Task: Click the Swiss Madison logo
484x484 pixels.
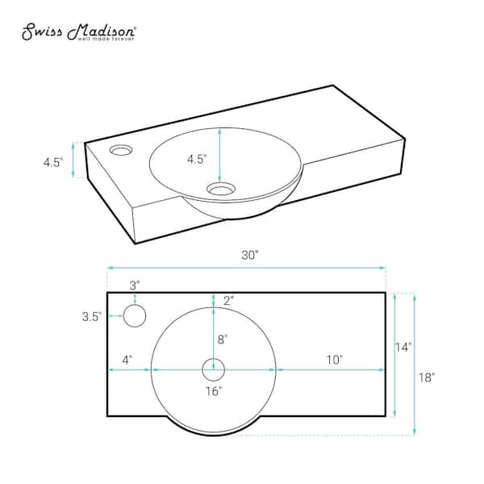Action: [x=80, y=33]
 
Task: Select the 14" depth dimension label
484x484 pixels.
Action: [x=403, y=347]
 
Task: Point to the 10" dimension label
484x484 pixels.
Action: [x=335, y=358]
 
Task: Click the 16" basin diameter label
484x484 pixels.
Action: [x=214, y=392]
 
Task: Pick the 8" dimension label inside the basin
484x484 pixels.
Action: [x=221, y=339]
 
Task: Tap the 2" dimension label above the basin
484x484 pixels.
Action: [x=228, y=300]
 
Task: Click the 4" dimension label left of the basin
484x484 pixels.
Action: [x=127, y=358]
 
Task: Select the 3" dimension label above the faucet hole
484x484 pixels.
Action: [x=135, y=285]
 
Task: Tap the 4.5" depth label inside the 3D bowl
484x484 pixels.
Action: [x=198, y=159]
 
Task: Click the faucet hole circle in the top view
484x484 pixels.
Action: [x=135, y=316]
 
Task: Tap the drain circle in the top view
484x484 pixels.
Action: [x=213, y=369]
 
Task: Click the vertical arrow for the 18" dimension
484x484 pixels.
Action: [x=415, y=364]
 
